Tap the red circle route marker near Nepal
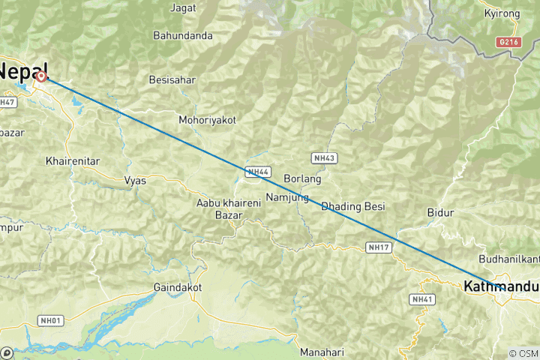point(41,76)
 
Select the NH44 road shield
point(256,172)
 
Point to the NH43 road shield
point(324,158)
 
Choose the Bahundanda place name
point(183,35)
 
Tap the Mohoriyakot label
point(207,120)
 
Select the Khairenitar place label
point(73,161)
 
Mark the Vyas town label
point(135,181)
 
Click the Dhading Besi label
point(352,206)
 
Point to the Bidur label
point(440,213)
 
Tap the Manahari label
point(322,352)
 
